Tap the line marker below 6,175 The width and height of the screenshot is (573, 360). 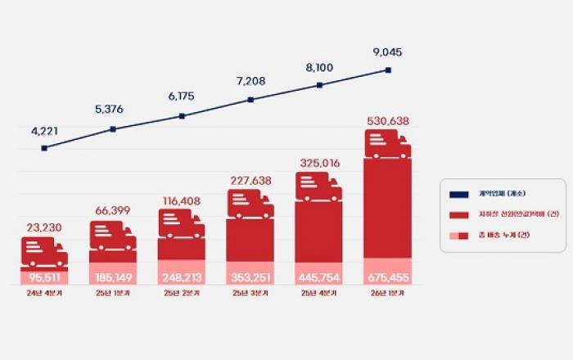tap(182, 116)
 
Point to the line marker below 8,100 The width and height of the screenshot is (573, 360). tap(319, 85)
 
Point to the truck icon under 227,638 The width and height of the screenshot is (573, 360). tap(250, 204)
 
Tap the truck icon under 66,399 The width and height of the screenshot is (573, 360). tap(113, 236)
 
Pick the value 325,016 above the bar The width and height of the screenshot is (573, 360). tap(319, 163)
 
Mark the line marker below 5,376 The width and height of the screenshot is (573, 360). tap(113, 129)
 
